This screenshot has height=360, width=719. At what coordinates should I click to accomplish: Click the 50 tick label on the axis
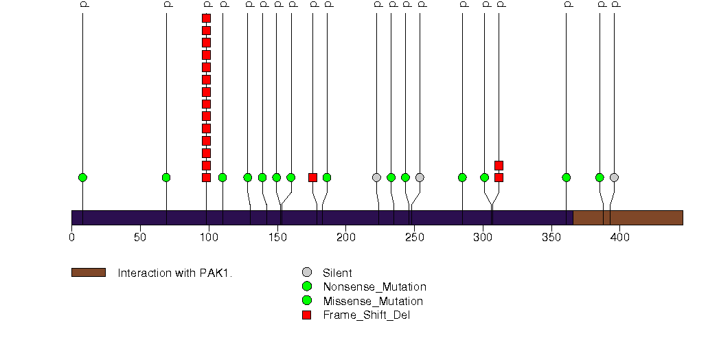(140, 238)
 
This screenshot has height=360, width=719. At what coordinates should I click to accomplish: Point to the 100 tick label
(209, 238)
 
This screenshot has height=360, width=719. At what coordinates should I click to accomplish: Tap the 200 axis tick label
(345, 238)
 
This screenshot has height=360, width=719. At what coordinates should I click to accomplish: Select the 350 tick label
(551, 238)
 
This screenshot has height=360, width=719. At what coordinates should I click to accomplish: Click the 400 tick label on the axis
(620, 238)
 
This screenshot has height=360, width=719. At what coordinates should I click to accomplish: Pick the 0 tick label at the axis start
(72, 238)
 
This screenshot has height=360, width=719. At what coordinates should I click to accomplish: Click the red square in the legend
(307, 315)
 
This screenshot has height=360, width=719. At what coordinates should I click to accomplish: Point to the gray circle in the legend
(307, 272)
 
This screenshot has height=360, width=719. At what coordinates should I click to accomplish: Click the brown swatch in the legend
(88, 273)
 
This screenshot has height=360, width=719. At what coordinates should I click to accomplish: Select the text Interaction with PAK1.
(175, 273)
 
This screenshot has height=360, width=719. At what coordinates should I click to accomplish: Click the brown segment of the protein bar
(628, 218)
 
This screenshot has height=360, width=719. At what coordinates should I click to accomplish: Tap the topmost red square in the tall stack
(206, 19)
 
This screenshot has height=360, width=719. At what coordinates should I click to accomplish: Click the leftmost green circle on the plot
(82, 177)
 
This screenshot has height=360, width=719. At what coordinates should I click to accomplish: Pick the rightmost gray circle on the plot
(614, 177)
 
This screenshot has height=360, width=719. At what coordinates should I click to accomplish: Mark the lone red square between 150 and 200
(313, 177)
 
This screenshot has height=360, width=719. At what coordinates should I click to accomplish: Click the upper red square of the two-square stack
(499, 165)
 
